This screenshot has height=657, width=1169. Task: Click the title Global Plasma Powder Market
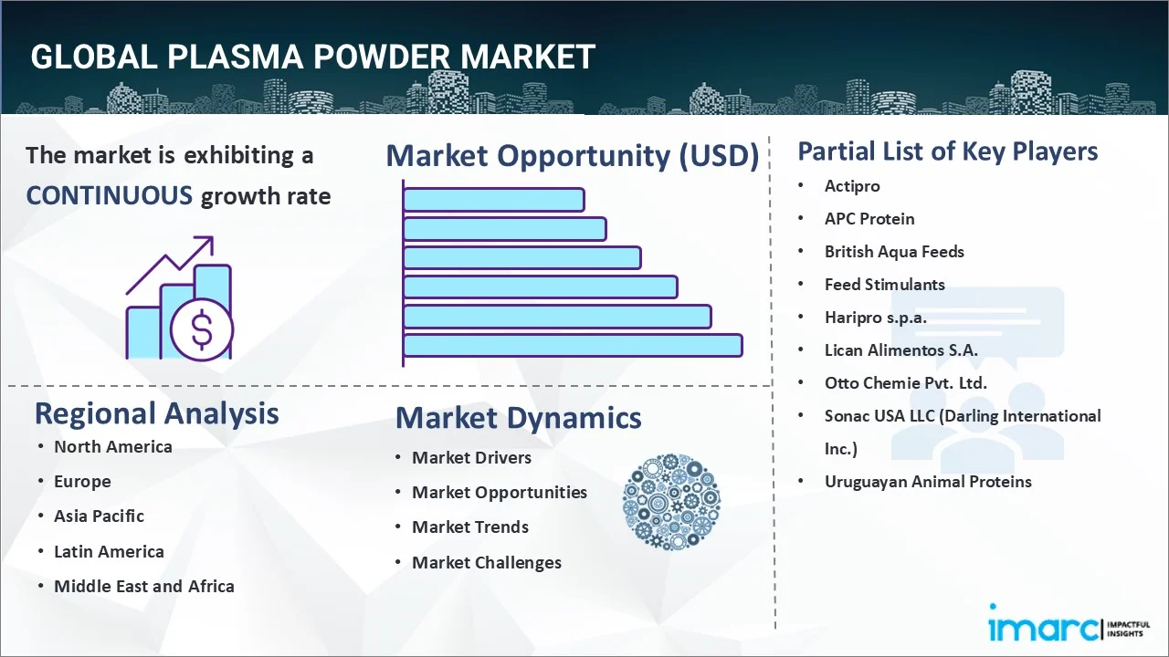click(x=312, y=57)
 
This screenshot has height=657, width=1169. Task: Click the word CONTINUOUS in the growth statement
click(x=109, y=195)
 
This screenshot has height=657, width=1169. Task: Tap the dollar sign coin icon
click(x=202, y=331)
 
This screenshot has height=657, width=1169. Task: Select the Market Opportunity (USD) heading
click(x=573, y=156)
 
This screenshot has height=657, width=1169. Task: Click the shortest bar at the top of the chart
click(x=493, y=199)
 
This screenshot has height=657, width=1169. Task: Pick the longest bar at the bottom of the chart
click(x=573, y=345)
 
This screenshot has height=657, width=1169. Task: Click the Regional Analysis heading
click(x=156, y=413)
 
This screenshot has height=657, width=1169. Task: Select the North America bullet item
click(x=112, y=446)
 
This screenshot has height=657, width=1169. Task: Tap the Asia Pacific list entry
click(x=99, y=516)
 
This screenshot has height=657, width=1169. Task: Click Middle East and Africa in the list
click(x=143, y=586)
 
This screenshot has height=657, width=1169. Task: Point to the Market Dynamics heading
click(x=518, y=418)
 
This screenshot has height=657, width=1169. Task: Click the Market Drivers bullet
click(x=471, y=457)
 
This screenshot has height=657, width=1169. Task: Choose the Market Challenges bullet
click(x=486, y=562)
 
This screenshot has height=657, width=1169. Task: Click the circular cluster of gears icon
click(x=671, y=502)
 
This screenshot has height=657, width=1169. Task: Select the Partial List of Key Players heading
click(x=947, y=151)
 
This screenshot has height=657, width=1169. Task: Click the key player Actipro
click(x=852, y=185)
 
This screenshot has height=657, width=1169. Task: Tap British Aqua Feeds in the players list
click(x=894, y=251)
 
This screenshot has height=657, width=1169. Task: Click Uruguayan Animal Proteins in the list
click(x=928, y=481)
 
